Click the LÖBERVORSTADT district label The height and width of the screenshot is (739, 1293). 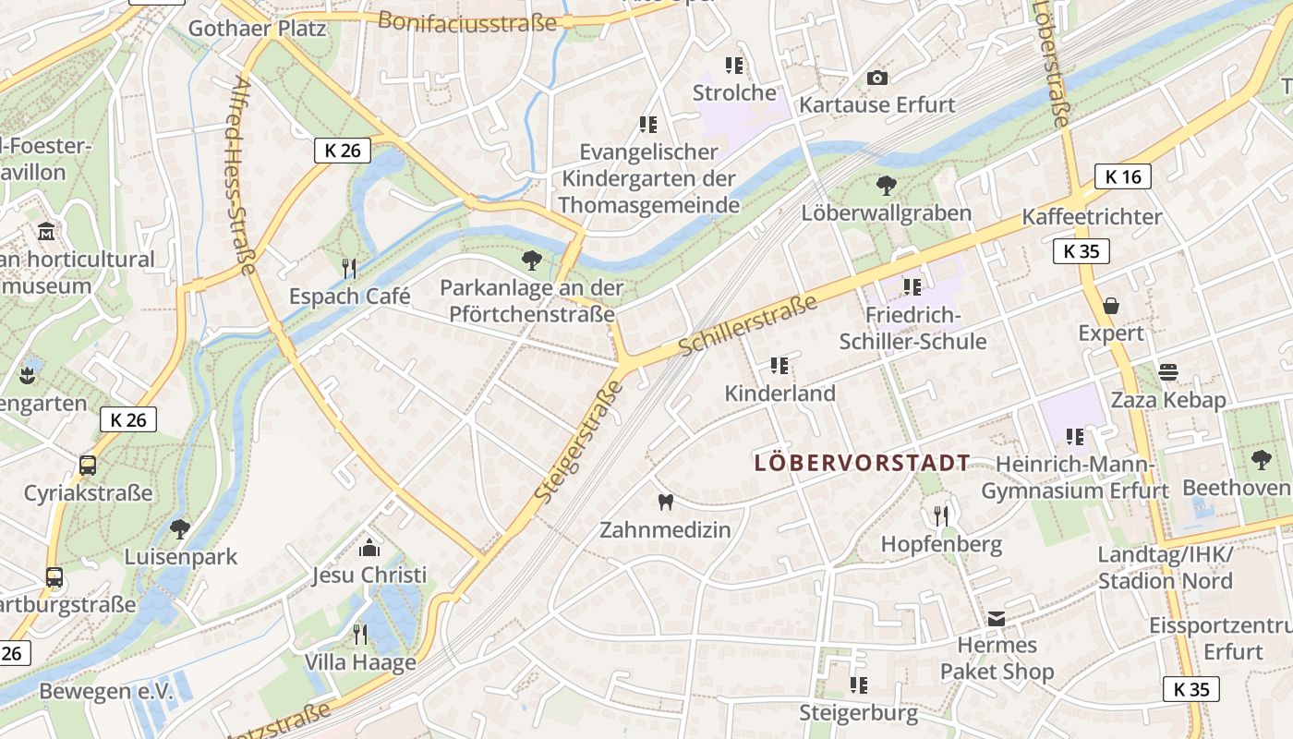(x=863, y=463)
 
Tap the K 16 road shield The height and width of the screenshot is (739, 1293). (x=1123, y=176)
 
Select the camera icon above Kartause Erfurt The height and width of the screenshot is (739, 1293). (x=877, y=79)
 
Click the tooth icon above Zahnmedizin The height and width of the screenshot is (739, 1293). (x=665, y=503)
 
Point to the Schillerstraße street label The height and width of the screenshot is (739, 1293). (x=748, y=325)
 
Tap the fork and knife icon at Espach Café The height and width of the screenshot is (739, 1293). (x=349, y=269)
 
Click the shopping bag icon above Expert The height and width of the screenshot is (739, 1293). (x=1111, y=306)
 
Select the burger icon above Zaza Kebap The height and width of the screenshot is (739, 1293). (x=1168, y=372)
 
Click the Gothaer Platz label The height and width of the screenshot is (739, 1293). (x=257, y=29)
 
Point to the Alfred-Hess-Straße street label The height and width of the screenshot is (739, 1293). (x=241, y=176)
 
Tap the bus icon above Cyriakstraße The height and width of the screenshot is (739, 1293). (x=88, y=466)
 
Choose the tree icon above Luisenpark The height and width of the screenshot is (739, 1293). (x=180, y=529)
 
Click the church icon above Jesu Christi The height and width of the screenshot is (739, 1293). (x=369, y=548)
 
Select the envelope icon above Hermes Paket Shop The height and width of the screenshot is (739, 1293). (x=997, y=618)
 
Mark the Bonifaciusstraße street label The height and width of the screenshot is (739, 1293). (x=468, y=20)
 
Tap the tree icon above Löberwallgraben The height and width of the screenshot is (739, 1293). (x=887, y=186)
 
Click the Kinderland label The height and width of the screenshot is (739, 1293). (x=779, y=394)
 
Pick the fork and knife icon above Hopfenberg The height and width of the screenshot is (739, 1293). (x=941, y=516)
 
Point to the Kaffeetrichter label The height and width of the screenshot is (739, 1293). (x=1092, y=217)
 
